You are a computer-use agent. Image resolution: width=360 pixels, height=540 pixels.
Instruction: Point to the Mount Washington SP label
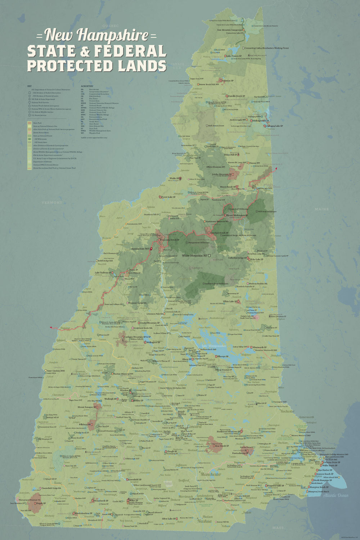[x=238, y=215]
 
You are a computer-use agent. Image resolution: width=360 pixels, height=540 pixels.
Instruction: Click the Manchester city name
[x=211, y=474]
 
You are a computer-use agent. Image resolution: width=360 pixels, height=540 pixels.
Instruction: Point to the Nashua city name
[x=204, y=521]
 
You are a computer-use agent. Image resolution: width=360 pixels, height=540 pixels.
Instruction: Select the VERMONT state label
[x=52, y=203]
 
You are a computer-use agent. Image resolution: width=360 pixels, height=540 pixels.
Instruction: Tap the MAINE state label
[x=321, y=209]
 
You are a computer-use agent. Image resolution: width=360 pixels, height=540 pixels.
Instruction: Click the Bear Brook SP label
[x=222, y=446]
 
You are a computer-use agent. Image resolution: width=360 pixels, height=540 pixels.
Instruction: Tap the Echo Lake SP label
[x=257, y=259]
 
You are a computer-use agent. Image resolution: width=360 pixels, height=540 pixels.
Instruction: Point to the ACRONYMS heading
[x=87, y=86]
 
